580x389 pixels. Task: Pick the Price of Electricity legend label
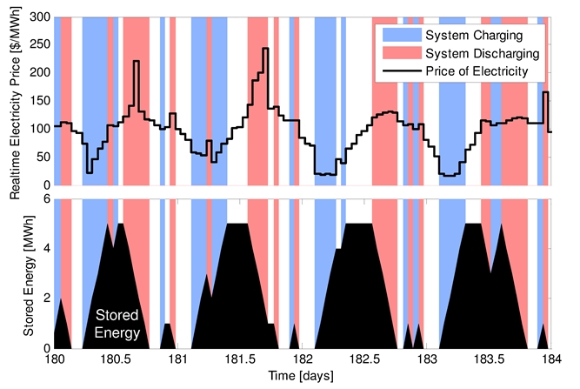[x=477, y=70]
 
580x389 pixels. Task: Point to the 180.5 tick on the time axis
[x=116, y=359]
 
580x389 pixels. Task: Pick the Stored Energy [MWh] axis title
[x=26, y=273]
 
